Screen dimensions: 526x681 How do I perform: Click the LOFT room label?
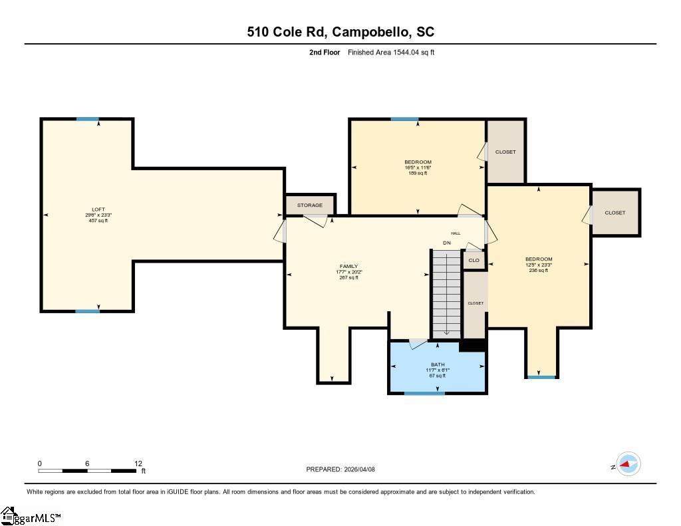pyautogui.click(x=98, y=209)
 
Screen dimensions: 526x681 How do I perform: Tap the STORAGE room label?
pyautogui.click(x=310, y=205)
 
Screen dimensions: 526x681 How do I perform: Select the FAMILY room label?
pyautogui.click(x=348, y=267)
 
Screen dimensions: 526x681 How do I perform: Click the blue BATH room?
pyautogui.click(x=438, y=369)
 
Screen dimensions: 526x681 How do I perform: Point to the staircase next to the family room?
pyautogui.click(x=446, y=293)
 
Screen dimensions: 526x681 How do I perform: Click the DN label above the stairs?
pyautogui.click(x=447, y=243)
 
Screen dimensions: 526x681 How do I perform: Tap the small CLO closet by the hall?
pyautogui.click(x=474, y=260)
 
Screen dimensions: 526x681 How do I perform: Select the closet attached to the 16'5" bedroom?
pyautogui.click(x=505, y=152)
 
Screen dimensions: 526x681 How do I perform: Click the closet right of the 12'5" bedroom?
pyautogui.click(x=615, y=213)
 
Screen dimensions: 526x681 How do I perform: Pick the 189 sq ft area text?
pyautogui.click(x=418, y=173)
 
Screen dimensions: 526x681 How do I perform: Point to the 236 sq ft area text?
pyautogui.click(x=538, y=271)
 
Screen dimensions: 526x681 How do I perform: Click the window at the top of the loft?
pyautogui.click(x=87, y=119)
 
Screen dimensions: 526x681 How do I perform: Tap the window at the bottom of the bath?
pyautogui.click(x=424, y=393)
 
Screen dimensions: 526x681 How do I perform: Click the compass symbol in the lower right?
pyautogui.click(x=628, y=463)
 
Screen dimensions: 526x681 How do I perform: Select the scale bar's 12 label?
pyautogui.click(x=138, y=463)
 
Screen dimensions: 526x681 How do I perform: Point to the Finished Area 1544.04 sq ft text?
pyautogui.click(x=391, y=52)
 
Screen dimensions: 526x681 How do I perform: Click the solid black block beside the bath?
pyautogui.click(x=472, y=345)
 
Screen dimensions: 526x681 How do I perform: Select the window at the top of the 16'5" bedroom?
pyautogui.click(x=404, y=119)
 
